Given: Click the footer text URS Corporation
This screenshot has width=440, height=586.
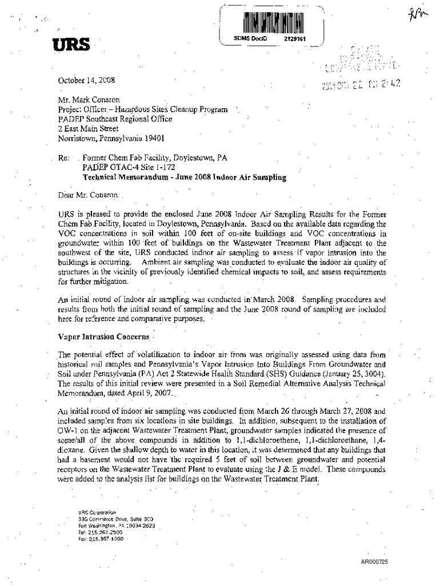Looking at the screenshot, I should tap(97, 512).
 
